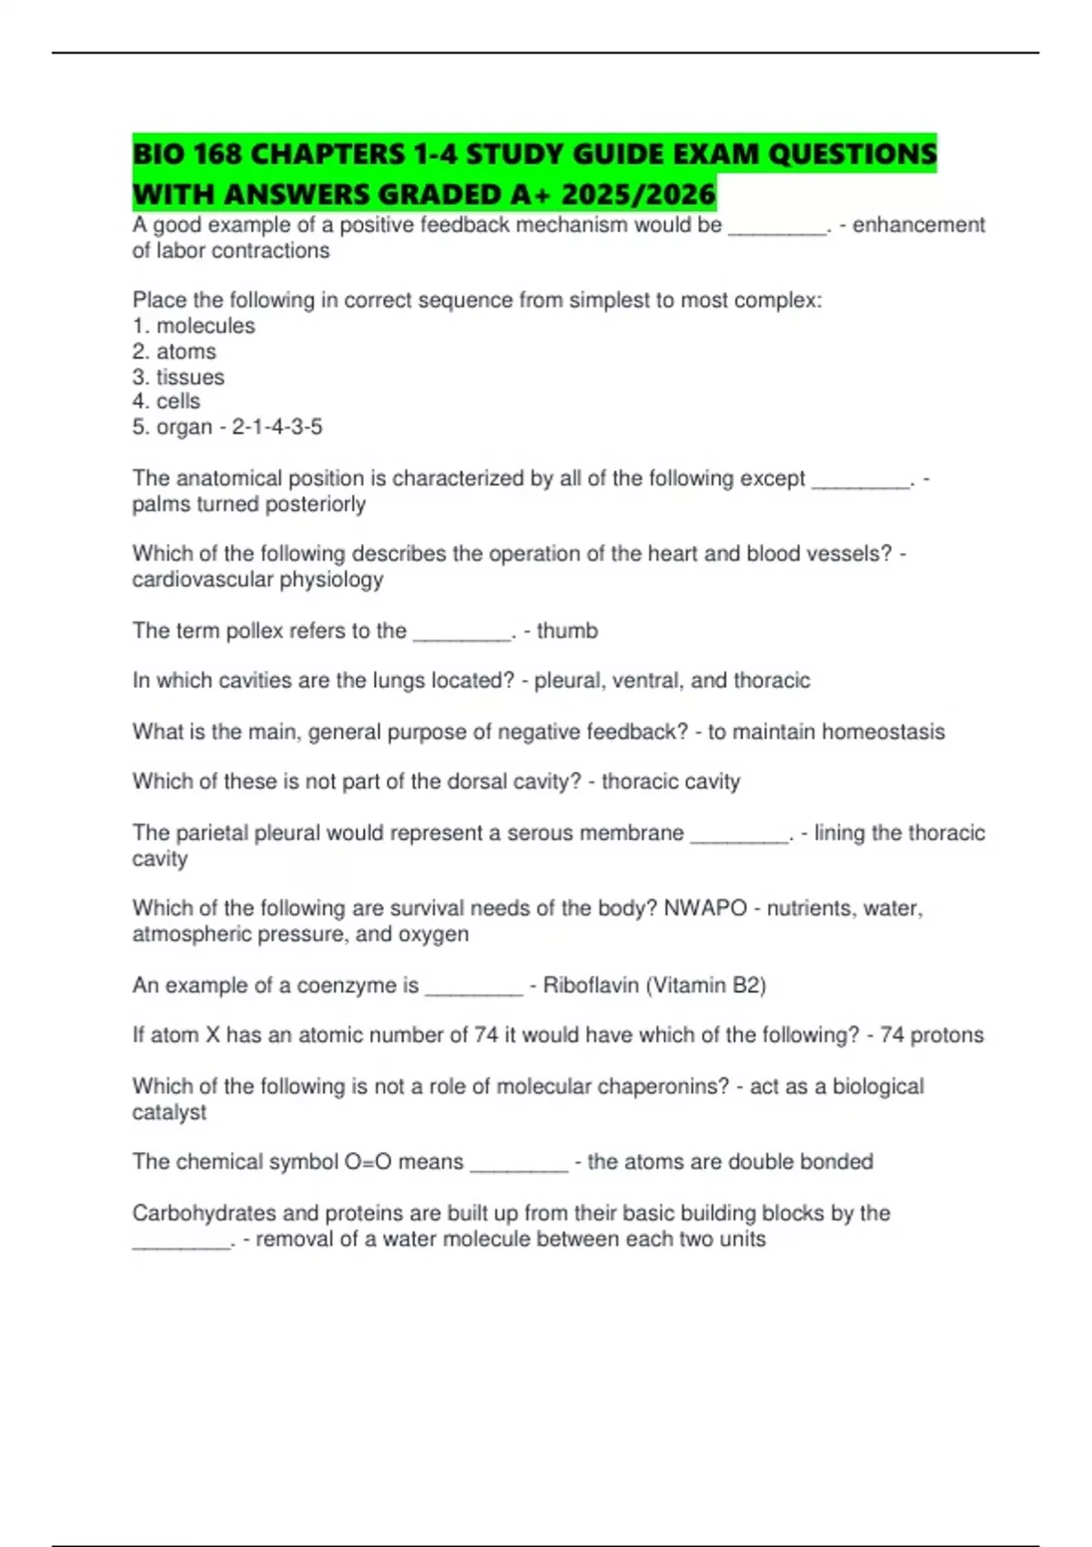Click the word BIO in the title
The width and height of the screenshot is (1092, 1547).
point(159,154)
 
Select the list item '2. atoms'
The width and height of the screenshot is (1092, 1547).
point(174,351)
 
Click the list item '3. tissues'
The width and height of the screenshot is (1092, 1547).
point(178,377)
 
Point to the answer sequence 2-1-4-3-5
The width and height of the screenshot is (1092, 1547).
point(277,427)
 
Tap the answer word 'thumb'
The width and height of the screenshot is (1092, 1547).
point(567,631)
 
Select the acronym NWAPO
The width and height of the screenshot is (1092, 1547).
point(705,908)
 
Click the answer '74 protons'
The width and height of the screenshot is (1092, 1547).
point(932,1035)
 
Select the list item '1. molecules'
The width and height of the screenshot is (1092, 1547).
point(194,326)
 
